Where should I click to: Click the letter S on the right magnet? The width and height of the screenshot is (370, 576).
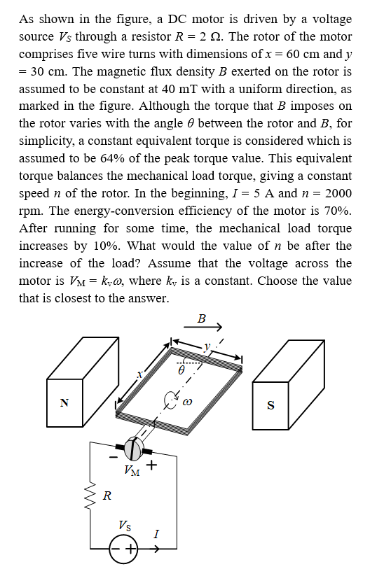[x=270, y=405]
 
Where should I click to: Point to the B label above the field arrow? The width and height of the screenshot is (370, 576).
[x=202, y=318]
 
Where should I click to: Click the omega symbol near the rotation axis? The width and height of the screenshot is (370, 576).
[x=188, y=402]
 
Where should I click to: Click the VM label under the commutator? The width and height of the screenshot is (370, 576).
[x=131, y=470]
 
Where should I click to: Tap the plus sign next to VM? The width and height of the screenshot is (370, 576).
[x=151, y=464]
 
